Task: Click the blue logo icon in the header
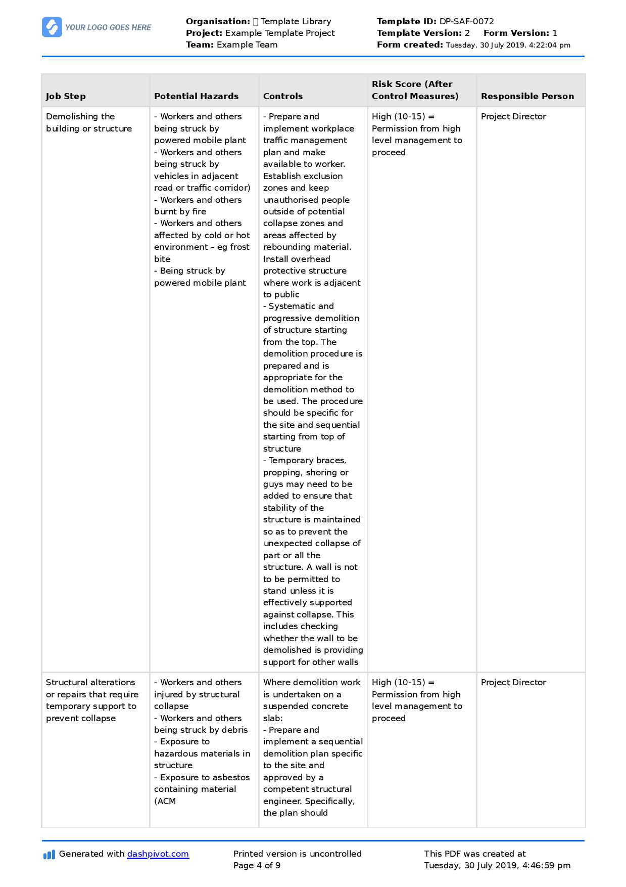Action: click(52, 27)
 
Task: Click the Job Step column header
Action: click(66, 96)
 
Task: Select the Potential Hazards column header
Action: click(196, 96)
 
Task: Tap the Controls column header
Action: click(283, 96)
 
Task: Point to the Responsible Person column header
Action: click(527, 96)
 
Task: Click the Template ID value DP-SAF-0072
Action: click(466, 21)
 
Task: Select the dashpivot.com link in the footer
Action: click(158, 854)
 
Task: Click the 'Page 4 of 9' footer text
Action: click(257, 865)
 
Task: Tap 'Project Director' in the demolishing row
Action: click(513, 116)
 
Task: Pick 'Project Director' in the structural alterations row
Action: click(513, 682)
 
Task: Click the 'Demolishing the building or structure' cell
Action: click(88, 122)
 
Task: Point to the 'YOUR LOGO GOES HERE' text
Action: click(108, 27)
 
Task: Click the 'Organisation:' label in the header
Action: click(218, 21)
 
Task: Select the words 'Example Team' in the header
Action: click(247, 45)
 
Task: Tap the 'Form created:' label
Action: click(410, 45)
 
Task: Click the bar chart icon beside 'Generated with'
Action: click(49, 855)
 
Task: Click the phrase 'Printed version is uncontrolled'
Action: click(297, 854)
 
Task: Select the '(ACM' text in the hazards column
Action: click(165, 801)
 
